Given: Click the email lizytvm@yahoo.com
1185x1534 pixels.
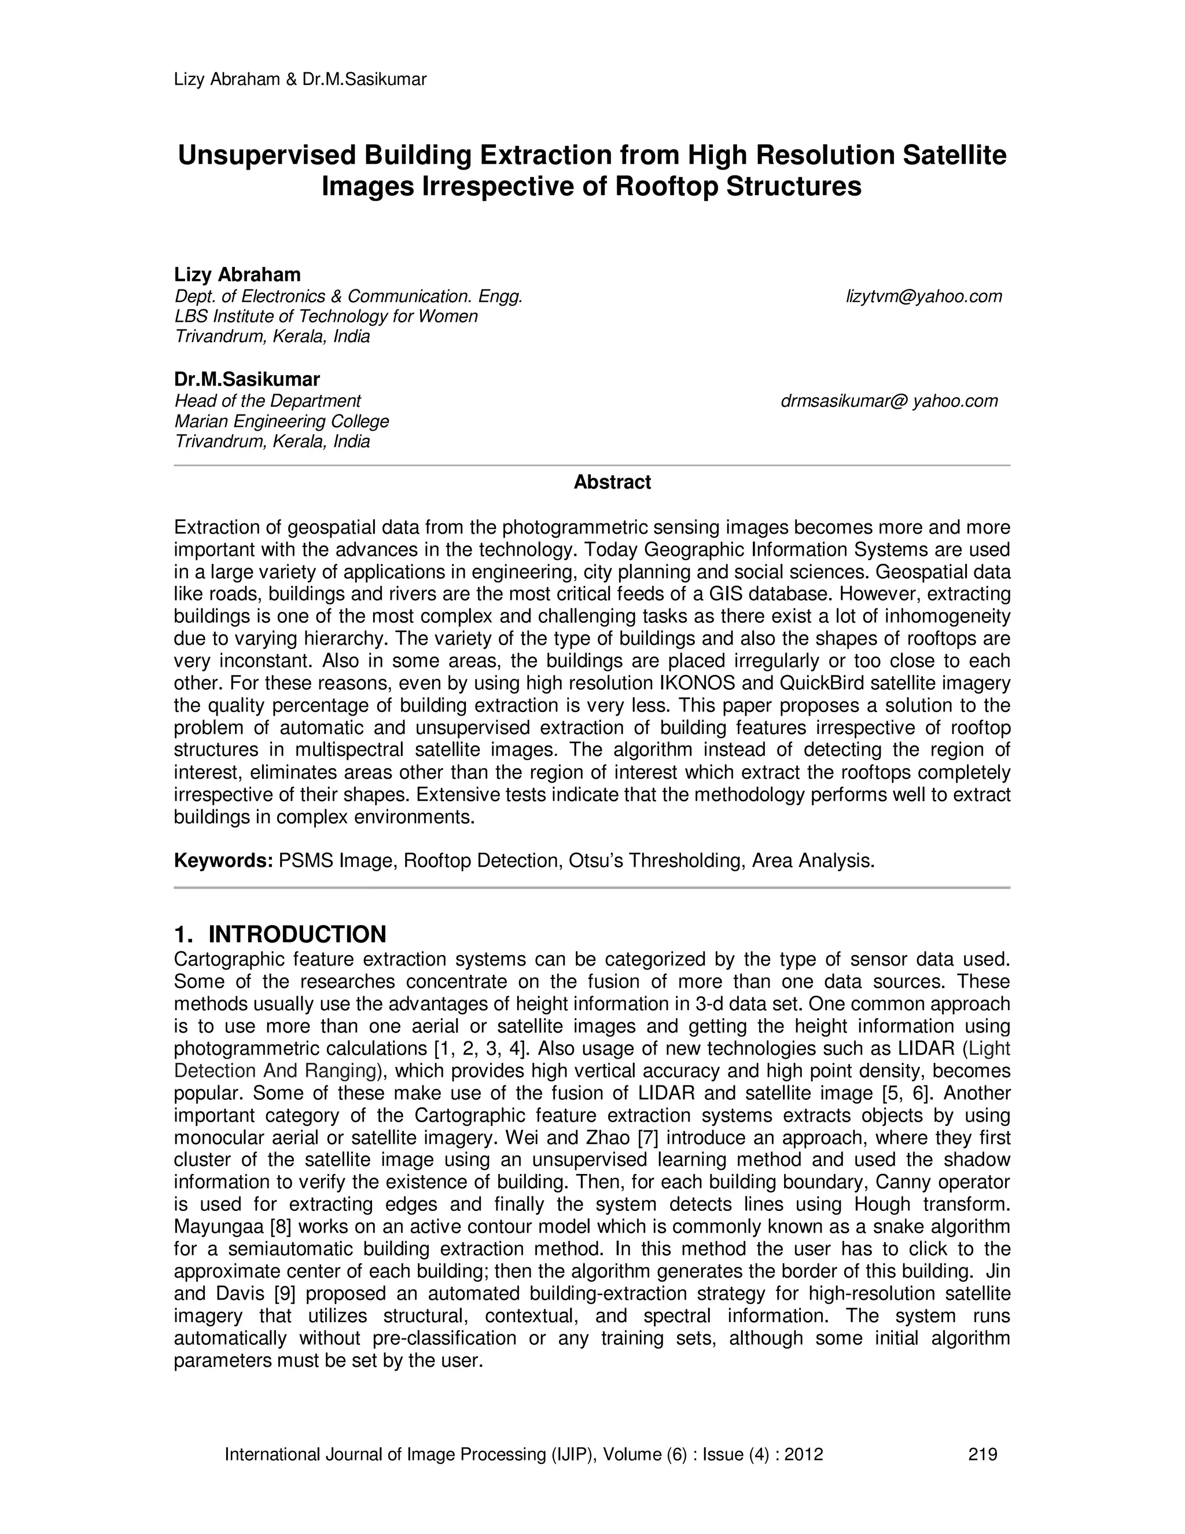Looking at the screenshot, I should click(x=924, y=296).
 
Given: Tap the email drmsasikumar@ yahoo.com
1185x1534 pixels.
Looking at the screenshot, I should click(x=889, y=401).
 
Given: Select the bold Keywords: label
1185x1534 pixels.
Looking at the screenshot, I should click(x=223, y=860).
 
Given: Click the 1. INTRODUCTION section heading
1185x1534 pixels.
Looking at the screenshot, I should click(x=280, y=934).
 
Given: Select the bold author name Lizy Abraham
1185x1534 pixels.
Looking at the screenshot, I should click(x=237, y=274).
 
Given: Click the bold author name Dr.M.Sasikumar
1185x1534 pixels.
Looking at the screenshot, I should click(x=247, y=379).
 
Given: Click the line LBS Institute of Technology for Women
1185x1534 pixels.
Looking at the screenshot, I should click(x=326, y=316).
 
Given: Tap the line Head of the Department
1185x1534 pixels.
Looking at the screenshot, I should click(x=267, y=401).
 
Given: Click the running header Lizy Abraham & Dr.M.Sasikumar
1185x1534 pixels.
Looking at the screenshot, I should click(x=300, y=79).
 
